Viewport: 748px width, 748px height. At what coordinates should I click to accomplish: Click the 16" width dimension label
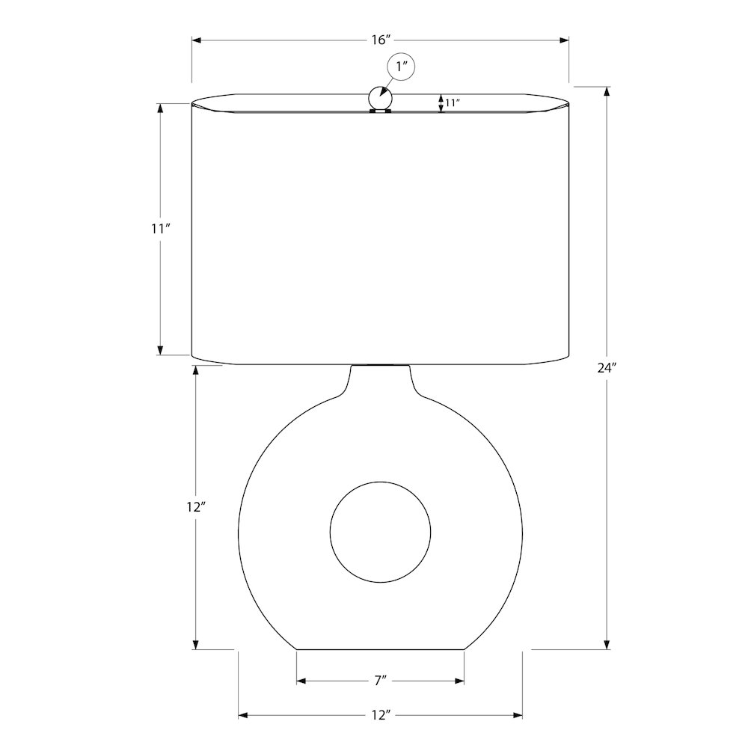click(381, 40)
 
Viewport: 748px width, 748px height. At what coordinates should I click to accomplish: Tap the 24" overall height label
click(607, 368)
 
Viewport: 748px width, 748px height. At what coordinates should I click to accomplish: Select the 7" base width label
click(380, 681)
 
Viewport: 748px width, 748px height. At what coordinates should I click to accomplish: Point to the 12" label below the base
click(381, 715)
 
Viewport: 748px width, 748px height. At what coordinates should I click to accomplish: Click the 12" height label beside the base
click(195, 507)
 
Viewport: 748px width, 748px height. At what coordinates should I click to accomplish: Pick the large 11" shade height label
click(161, 229)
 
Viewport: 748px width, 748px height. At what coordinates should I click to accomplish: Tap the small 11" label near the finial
click(453, 102)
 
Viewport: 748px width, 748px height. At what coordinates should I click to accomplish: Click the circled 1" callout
click(401, 67)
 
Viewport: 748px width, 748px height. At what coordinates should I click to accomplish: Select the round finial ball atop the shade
click(380, 98)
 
